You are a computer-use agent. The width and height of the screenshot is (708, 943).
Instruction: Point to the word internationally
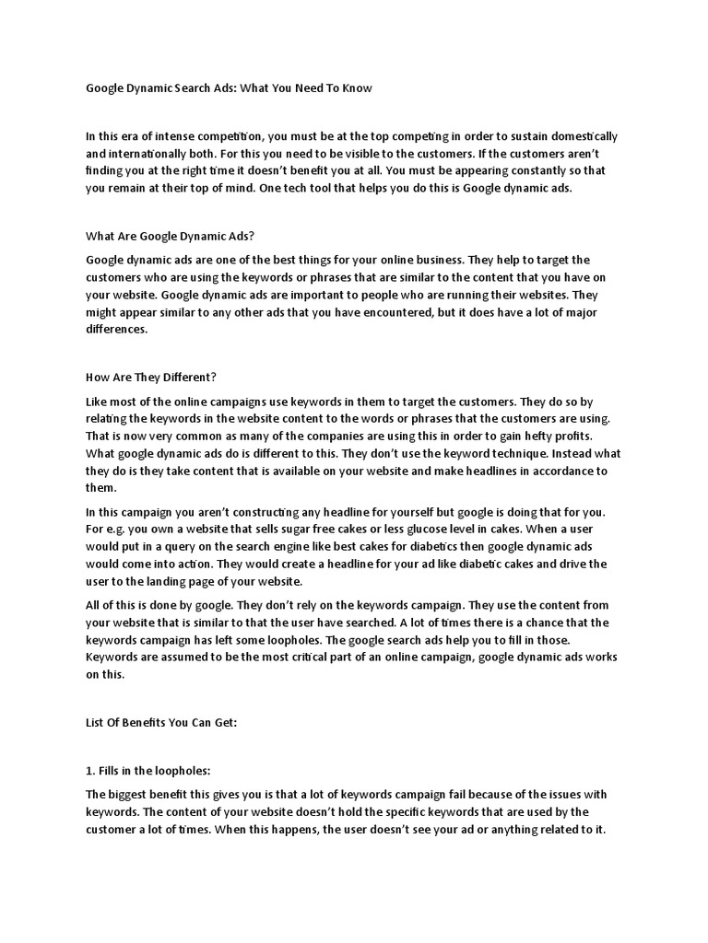(156, 153)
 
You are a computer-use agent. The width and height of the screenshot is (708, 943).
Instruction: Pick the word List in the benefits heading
(96, 724)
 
